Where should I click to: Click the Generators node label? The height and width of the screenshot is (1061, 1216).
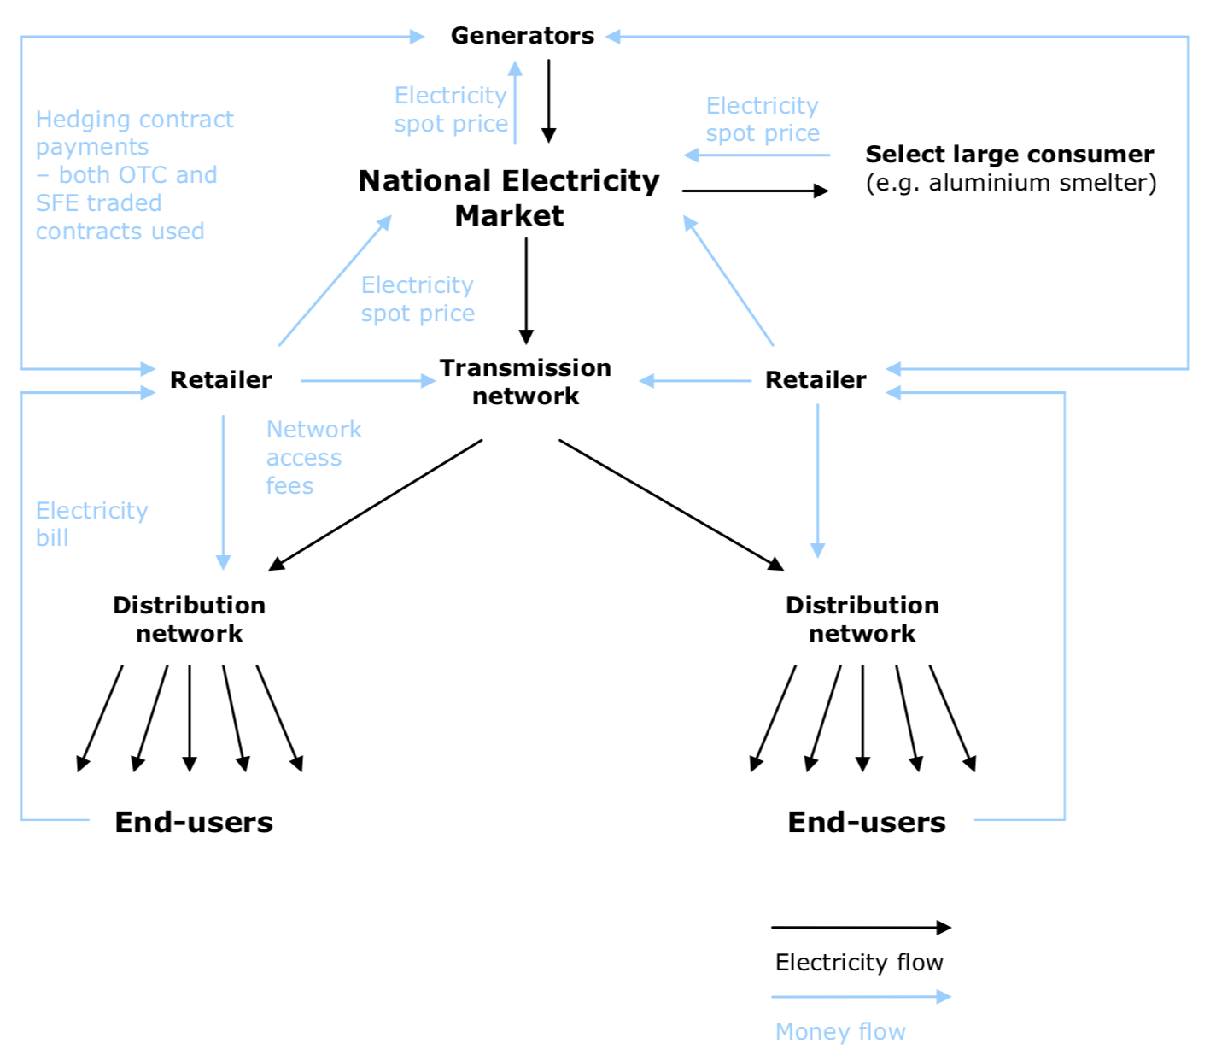click(x=522, y=36)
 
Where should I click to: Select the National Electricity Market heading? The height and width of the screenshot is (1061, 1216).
click(x=509, y=197)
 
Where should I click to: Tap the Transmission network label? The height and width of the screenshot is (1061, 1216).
click(x=525, y=382)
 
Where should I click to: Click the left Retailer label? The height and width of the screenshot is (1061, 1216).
click(x=220, y=380)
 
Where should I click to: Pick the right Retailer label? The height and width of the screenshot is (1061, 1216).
click(x=816, y=380)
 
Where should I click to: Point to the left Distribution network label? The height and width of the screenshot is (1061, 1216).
click(x=189, y=619)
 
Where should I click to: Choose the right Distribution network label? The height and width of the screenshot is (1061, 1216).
click(x=862, y=619)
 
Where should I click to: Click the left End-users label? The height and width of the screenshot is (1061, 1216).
click(x=194, y=822)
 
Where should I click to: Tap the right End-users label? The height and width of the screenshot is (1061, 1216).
click(x=866, y=822)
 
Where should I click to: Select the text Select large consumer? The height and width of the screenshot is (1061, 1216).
click(x=1009, y=155)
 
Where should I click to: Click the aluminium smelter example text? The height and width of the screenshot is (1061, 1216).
click(x=1011, y=183)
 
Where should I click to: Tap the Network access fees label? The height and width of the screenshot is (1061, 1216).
click(x=313, y=457)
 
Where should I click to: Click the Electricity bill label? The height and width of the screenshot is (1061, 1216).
click(x=91, y=524)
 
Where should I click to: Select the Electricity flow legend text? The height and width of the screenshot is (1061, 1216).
click(x=859, y=963)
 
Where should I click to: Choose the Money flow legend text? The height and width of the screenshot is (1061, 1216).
click(x=840, y=1032)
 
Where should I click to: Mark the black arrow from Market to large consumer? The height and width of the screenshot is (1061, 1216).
click(x=755, y=191)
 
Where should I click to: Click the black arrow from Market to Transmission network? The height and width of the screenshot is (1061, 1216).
click(x=526, y=290)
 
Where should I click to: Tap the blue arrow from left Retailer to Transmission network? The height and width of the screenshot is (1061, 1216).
click(x=367, y=381)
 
